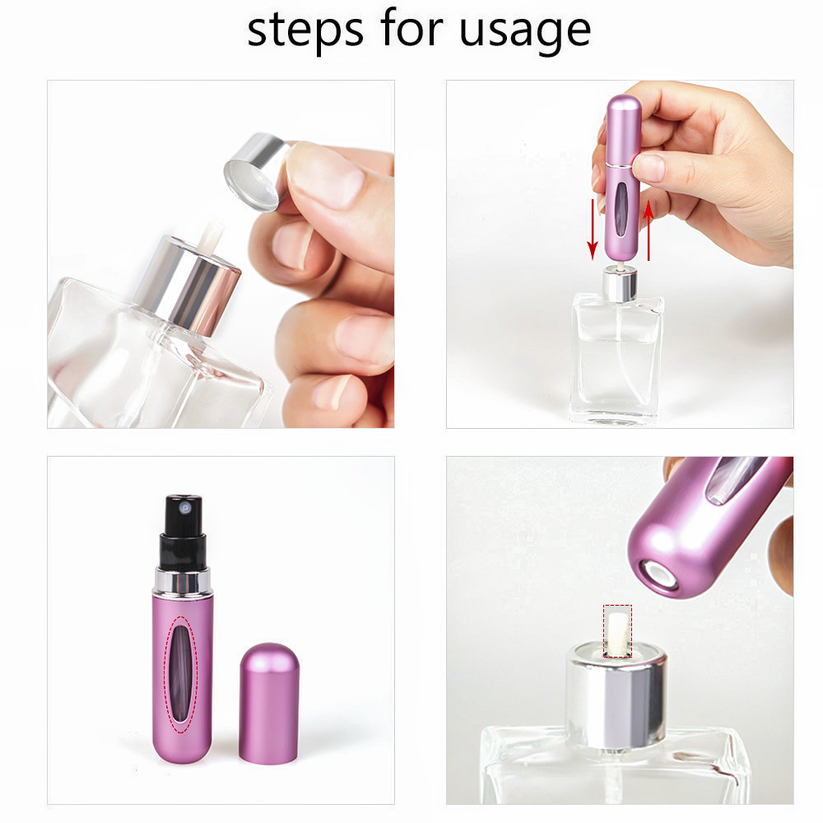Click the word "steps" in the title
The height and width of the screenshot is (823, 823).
click(305, 30)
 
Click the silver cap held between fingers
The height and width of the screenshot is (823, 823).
click(256, 172)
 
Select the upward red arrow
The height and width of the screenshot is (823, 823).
click(649, 230)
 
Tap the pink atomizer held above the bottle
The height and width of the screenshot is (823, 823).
click(622, 177)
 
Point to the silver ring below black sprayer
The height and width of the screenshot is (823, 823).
click(183, 581)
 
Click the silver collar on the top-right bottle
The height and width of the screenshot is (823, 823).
click(619, 281)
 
